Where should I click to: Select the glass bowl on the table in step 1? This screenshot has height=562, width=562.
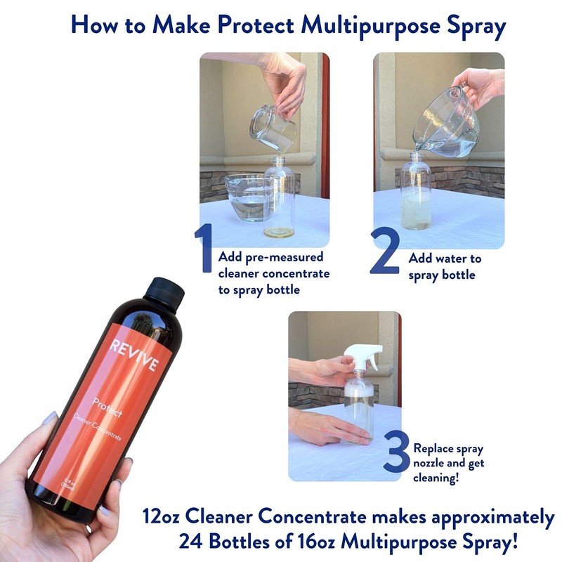[x=246, y=198]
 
